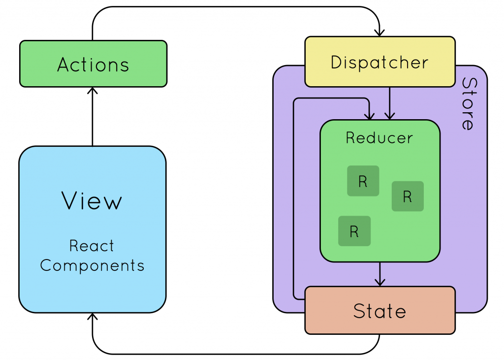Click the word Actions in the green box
point(93,65)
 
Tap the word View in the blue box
point(92,201)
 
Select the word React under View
point(92,245)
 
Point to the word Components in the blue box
point(92,265)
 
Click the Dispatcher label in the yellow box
point(379,63)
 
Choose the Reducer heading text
point(379,137)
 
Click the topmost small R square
point(363,181)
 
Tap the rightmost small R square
point(408,196)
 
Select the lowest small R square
point(354,231)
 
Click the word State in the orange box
point(379,311)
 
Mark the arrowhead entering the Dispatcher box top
point(379,33)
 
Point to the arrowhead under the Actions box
point(93,91)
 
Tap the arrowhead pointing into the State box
point(379,282)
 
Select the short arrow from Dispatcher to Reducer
point(389,103)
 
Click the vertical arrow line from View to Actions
point(93,118)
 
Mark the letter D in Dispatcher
point(336,63)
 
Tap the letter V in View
point(69,201)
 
